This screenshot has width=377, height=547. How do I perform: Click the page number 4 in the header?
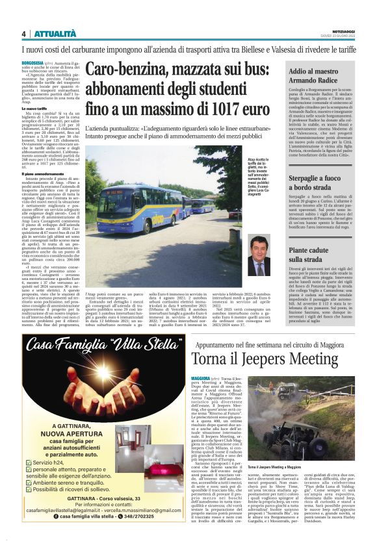pos(23,34)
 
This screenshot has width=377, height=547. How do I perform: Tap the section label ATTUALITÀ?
pos(55,34)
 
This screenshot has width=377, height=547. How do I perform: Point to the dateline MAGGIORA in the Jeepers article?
pos(203,377)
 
